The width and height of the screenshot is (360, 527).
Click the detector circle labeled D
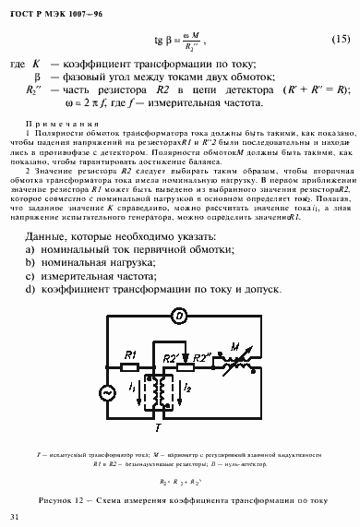182,316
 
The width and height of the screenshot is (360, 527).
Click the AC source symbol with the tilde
104,392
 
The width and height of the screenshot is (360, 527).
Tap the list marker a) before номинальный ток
30,251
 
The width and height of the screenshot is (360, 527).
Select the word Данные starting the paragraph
50,237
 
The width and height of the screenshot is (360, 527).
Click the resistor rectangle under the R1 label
131,365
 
